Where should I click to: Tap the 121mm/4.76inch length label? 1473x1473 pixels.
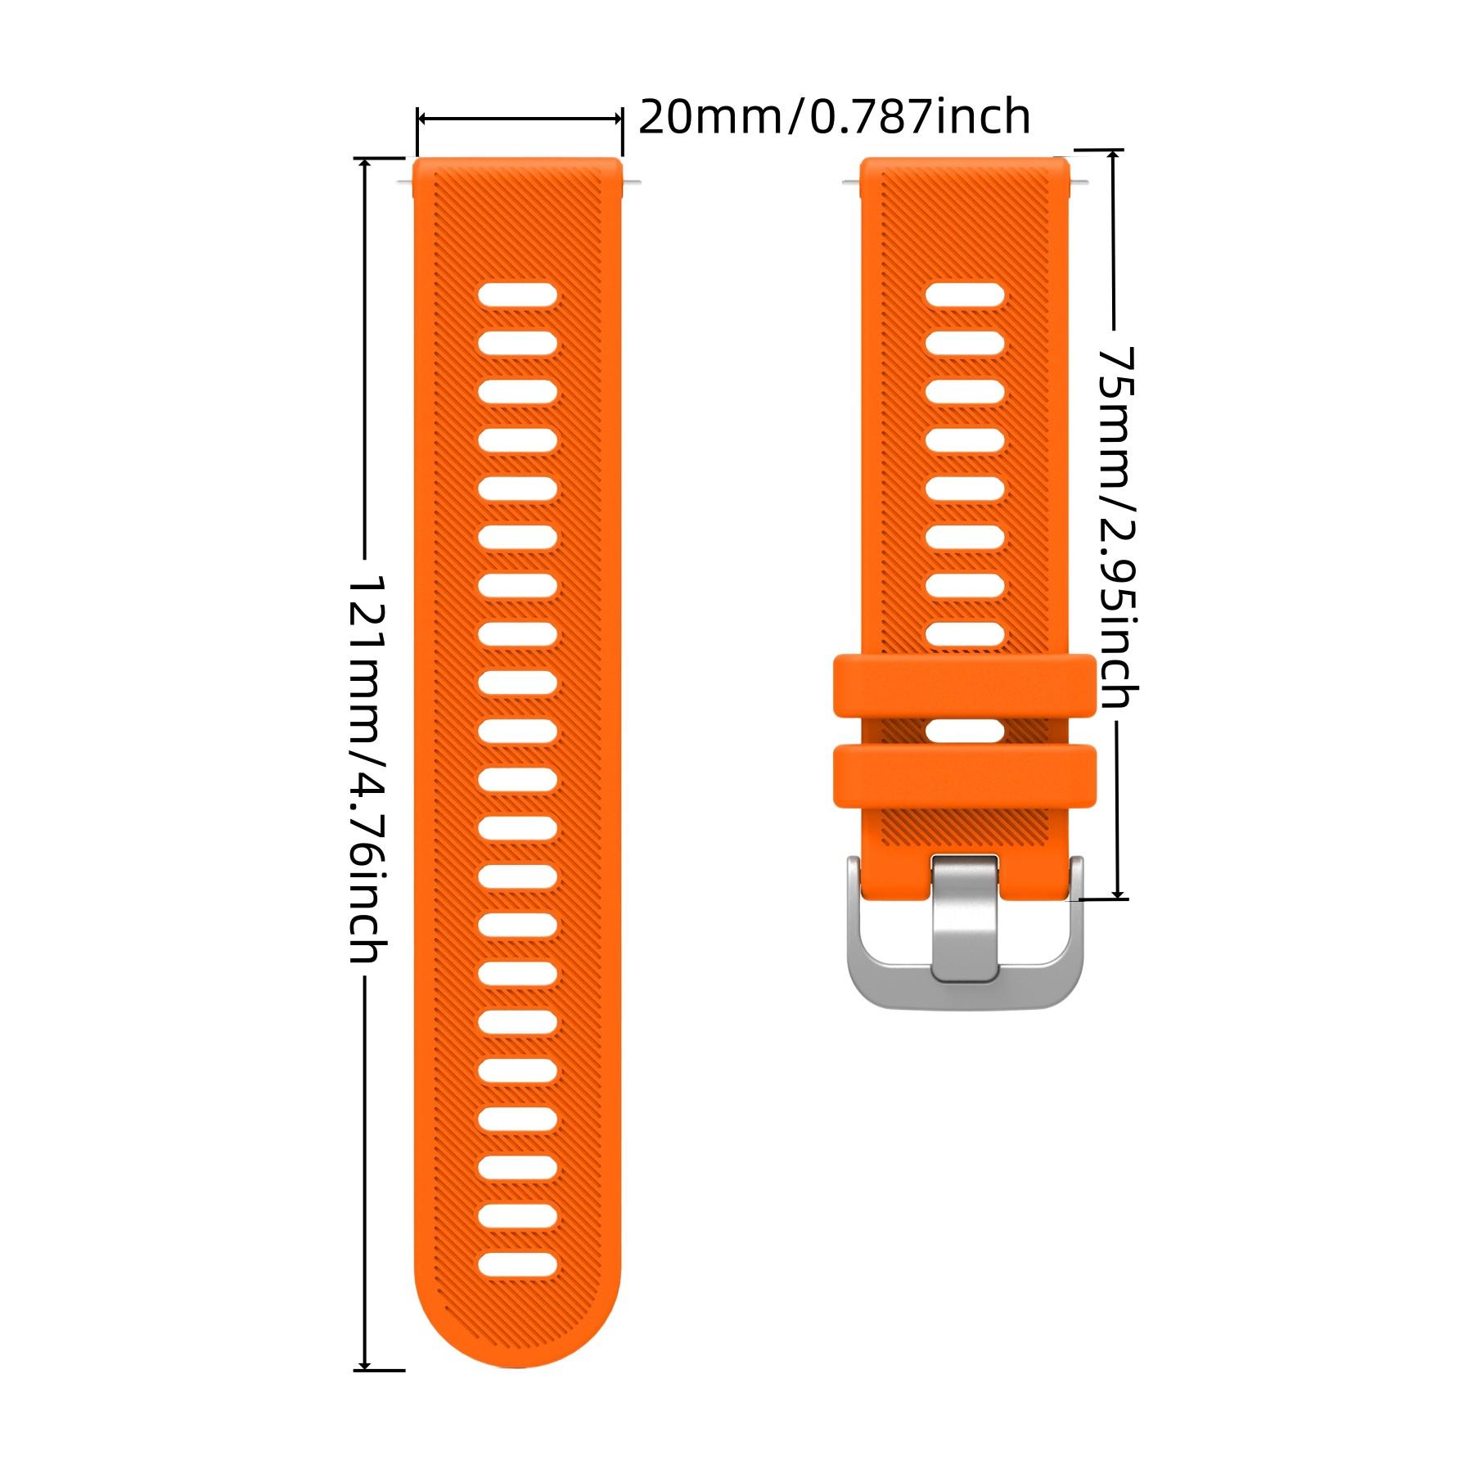pyautogui.click(x=366, y=769)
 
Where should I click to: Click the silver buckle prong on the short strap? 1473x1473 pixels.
pyautogui.click(x=965, y=917)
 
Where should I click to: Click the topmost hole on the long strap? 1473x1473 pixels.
pyautogui.click(x=518, y=295)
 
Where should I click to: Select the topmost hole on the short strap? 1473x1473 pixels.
pyautogui.click(x=966, y=295)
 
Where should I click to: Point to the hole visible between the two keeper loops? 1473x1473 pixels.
pyautogui.click(x=965, y=731)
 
